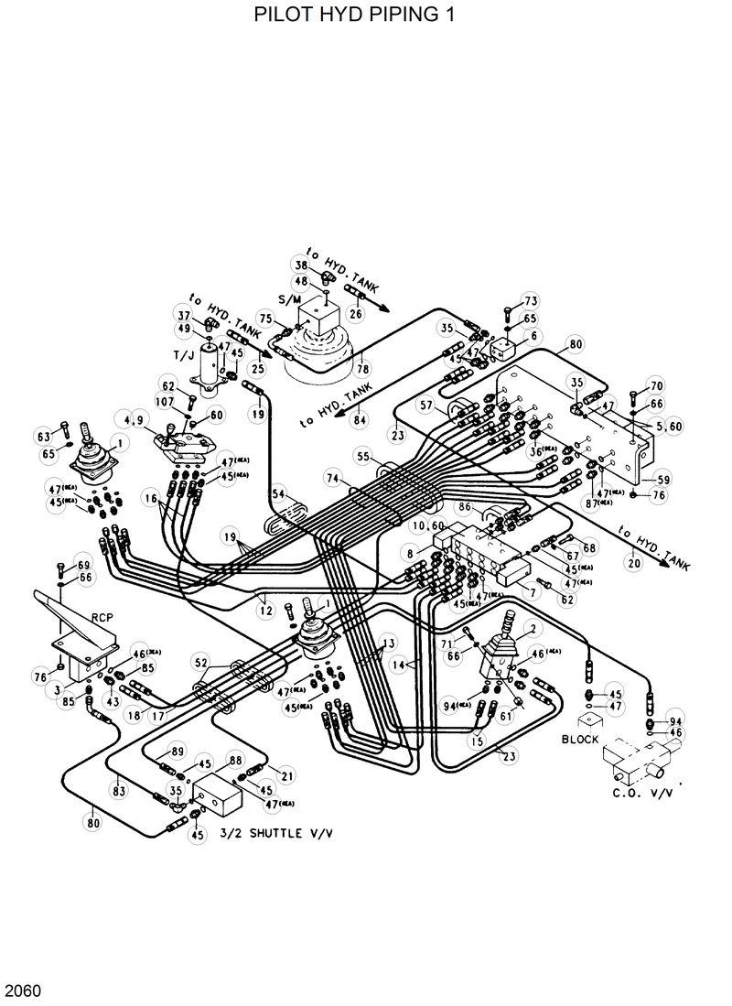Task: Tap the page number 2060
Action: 22,990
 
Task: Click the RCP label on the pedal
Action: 102,617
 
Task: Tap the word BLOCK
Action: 580,739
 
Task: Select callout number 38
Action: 301,265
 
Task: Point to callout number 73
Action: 531,301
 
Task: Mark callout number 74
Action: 333,479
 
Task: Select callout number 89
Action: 178,751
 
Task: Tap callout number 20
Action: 633,564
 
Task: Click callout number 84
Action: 360,420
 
